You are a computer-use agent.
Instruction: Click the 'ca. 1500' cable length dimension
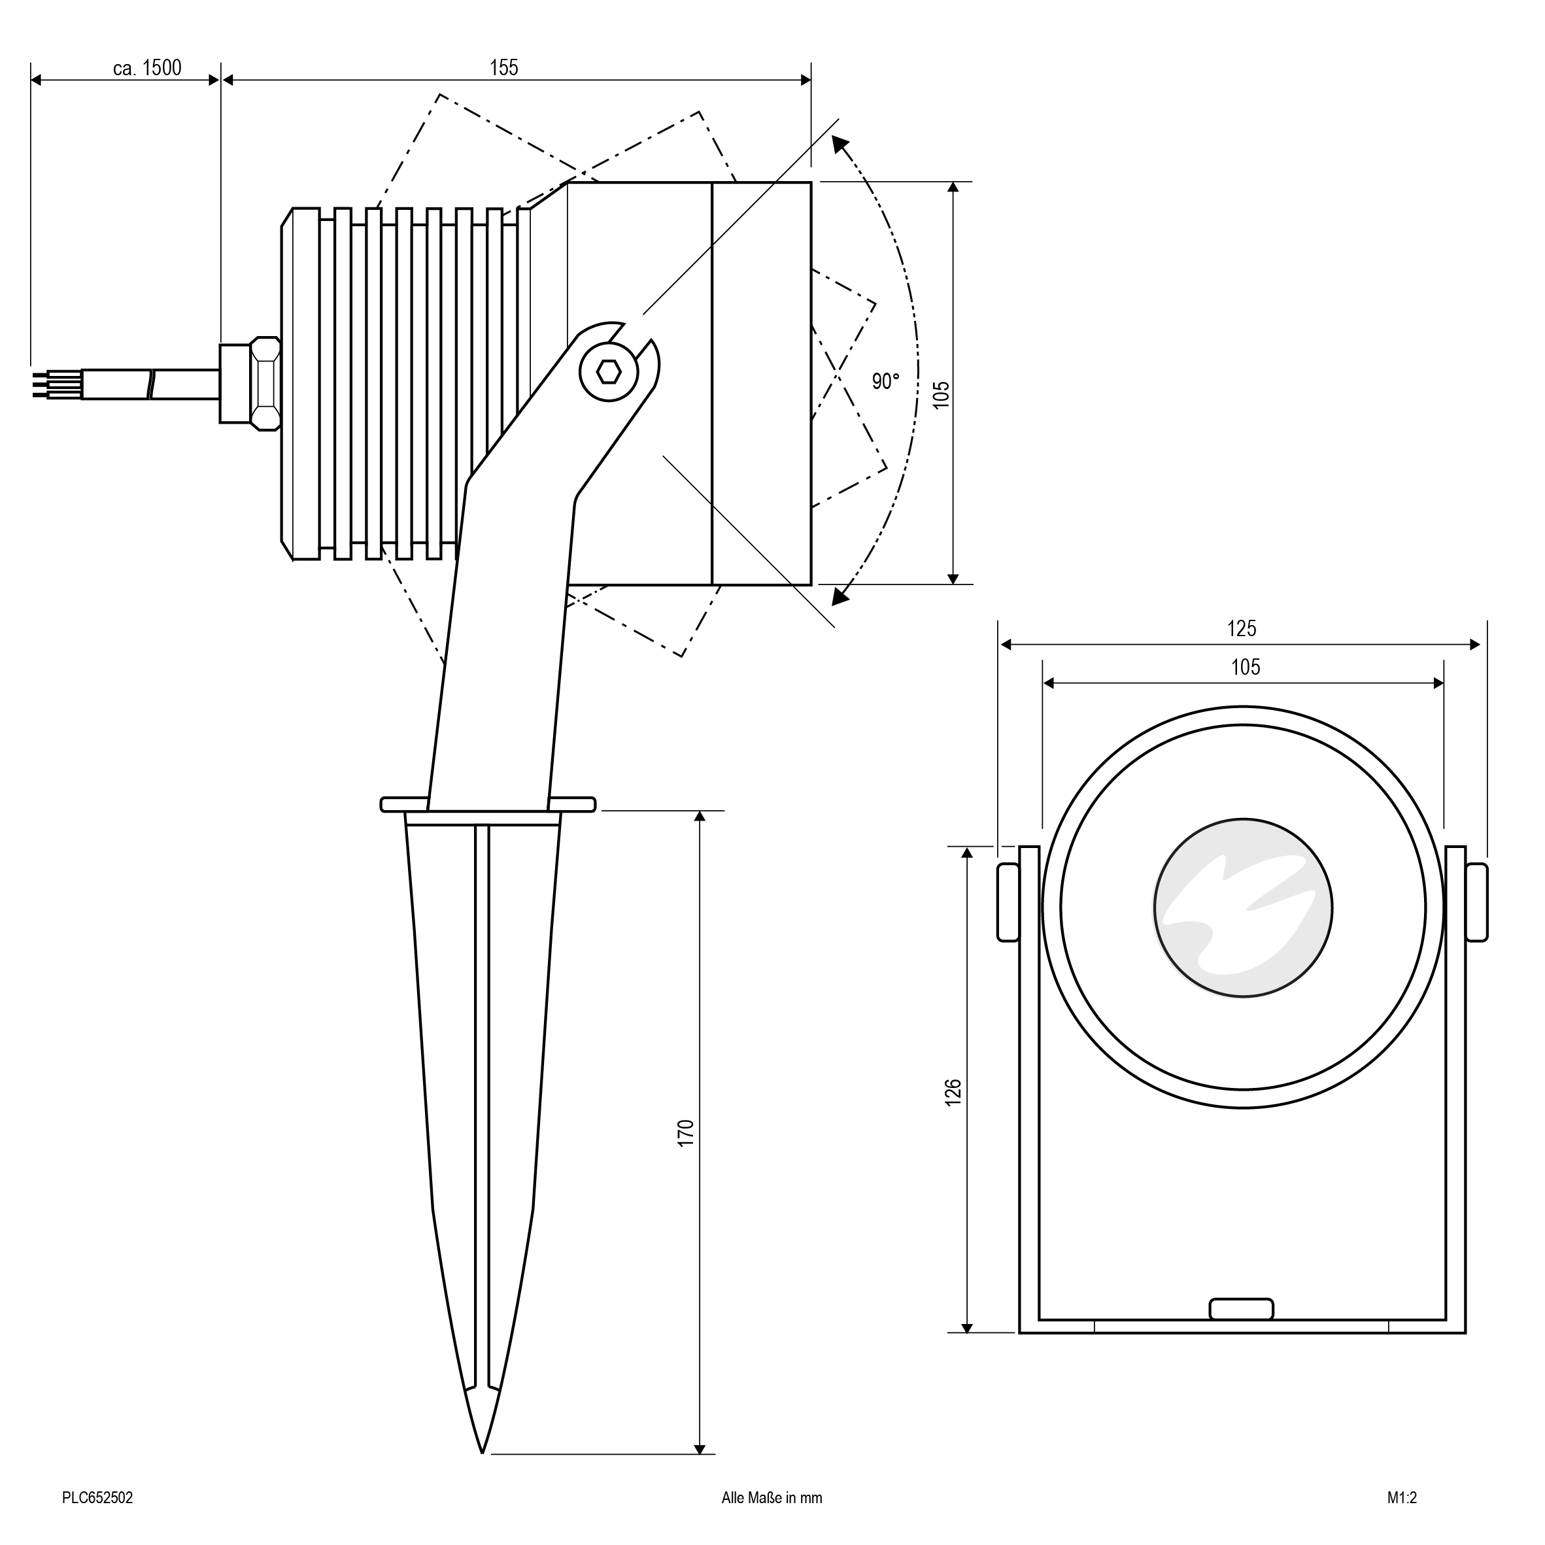click(147, 68)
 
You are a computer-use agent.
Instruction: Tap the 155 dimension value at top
click(504, 67)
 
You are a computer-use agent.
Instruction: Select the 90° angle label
click(885, 381)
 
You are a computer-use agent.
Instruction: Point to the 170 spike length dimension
click(686, 1134)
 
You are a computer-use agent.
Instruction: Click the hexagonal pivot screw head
click(609, 372)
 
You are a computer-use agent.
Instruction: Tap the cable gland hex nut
click(265, 383)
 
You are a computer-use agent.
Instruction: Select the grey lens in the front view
click(1243, 908)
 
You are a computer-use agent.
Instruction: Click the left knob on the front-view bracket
click(1008, 902)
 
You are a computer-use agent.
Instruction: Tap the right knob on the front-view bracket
click(1477, 902)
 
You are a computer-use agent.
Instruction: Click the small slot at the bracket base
click(1241, 1309)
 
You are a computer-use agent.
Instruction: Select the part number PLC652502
click(97, 1498)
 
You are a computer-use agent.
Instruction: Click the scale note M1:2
click(1402, 1498)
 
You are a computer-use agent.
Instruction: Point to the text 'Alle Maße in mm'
click(772, 1498)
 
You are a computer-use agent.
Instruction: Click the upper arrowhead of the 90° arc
click(840, 144)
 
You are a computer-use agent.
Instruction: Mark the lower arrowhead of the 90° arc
click(840, 595)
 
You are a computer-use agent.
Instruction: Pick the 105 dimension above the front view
click(1245, 667)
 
